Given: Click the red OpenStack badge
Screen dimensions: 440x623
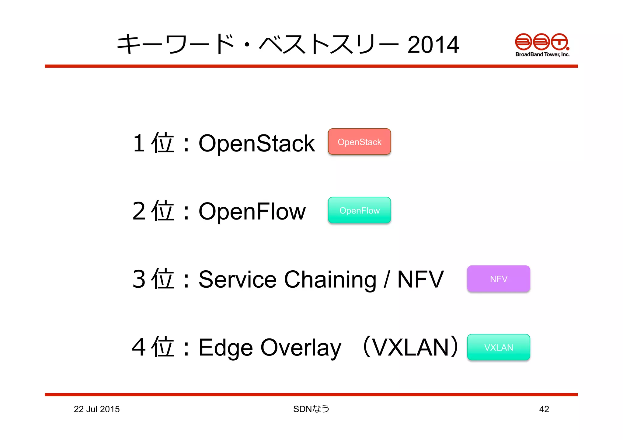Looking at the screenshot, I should pos(359,142).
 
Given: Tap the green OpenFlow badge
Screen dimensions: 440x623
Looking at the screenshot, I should pos(359,210).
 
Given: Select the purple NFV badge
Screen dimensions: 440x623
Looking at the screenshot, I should pos(498,279).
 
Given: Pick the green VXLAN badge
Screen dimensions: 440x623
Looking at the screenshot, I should pos(498,347).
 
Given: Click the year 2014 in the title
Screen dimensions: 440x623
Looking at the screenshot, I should pos(433,45).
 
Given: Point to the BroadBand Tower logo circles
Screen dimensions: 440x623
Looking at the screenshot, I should pos(541,42).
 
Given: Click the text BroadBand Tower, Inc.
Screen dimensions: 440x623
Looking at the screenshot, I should pos(542,54).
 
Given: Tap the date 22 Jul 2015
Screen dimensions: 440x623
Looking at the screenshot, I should pos(97,409).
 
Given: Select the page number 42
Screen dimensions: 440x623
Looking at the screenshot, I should pos(544,409).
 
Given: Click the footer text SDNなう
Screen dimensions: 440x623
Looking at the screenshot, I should pos(311,409).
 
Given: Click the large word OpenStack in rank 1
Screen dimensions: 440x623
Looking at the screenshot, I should pos(256,143).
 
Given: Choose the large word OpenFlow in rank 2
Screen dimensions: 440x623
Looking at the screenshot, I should pos(252,211).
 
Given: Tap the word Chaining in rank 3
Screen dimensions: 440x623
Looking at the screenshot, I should pos(330,279).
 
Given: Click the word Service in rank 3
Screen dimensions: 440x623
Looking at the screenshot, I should pos(237,279).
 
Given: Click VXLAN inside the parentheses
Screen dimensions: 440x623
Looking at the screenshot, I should pos(411,347).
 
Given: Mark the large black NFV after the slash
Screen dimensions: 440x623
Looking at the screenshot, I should pos(420,279).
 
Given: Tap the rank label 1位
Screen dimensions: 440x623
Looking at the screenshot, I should pos(154,143).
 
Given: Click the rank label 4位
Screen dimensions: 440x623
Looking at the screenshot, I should pos(154,347).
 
